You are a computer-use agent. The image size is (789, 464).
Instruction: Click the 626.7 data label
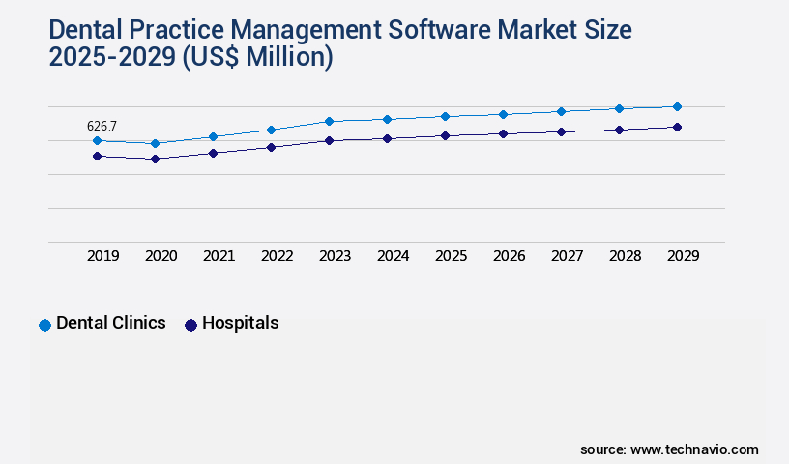point(102,126)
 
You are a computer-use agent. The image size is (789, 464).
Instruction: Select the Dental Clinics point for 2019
point(97,140)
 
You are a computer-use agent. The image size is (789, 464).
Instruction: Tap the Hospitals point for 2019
point(97,156)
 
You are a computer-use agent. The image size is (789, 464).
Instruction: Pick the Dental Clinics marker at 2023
point(329,121)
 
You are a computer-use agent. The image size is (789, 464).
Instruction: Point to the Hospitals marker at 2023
point(329,140)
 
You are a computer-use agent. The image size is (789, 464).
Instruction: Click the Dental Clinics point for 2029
point(677,106)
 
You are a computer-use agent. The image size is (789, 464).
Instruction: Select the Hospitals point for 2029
point(677,127)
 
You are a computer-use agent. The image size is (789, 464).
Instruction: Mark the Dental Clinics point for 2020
point(155,143)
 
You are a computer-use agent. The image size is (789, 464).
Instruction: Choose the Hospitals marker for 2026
point(503,133)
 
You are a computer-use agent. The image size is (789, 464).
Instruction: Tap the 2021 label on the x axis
point(219,256)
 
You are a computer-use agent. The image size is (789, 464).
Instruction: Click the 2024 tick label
point(393,256)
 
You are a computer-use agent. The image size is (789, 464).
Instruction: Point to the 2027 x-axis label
point(567,256)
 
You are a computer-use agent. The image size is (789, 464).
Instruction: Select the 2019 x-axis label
point(102,256)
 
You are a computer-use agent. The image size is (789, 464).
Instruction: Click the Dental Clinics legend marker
point(44,325)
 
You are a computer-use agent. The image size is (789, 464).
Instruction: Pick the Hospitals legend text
point(240,323)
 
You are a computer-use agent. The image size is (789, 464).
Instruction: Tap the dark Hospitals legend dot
point(190,325)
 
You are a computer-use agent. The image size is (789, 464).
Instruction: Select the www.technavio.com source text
point(694,449)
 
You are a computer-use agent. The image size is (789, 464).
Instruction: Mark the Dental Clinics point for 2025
point(445,116)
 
